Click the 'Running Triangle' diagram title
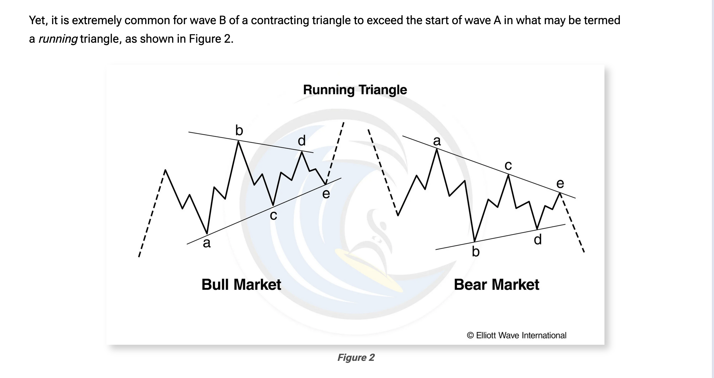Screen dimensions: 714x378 (355, 90)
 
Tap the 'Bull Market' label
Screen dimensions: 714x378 (241, 284)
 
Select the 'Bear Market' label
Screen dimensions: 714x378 (496, 284)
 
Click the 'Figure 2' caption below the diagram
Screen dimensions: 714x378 (356, 357)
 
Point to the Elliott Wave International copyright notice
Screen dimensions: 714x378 (517, 335)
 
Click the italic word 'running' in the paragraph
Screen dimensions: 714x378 (58, 39)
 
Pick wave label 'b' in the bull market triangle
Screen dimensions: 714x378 (239, 130)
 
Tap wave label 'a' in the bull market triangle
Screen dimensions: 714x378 (207, 243)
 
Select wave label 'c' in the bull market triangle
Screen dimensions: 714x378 (273, 216)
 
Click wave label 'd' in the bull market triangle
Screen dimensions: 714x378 (302, 140)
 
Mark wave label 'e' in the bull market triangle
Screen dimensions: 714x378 (326, 194)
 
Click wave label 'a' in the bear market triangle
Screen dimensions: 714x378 (437, 141)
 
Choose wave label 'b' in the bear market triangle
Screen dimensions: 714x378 (476, 251)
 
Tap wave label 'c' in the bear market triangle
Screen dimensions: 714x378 (508, 166)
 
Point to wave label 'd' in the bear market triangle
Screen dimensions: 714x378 (538, 239)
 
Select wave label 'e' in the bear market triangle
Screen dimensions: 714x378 (560, 183)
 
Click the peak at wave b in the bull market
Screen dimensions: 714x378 (238, 141)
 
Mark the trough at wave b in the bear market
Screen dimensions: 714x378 (475, 241)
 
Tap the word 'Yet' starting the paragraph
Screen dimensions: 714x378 (38, 20)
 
